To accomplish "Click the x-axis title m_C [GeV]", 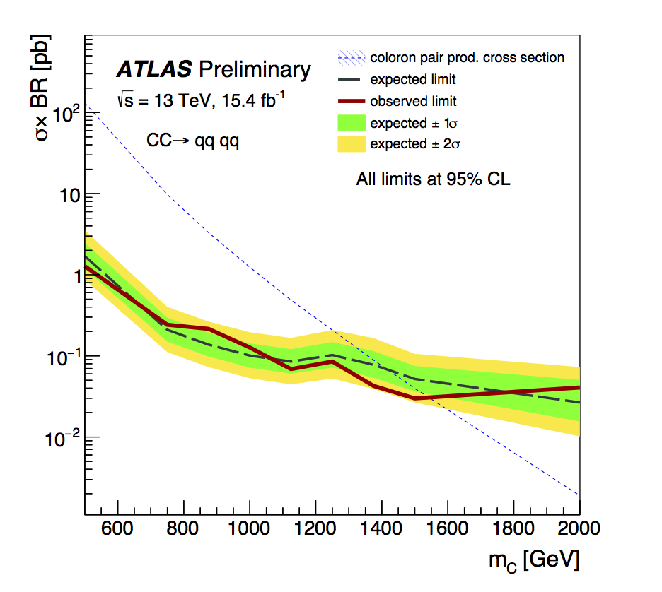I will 535,562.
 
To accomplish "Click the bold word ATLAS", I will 154,69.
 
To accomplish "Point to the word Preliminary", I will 255,69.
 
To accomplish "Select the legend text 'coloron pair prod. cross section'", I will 467,57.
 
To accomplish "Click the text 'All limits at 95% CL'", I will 433,180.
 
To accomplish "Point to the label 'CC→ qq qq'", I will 193,140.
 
